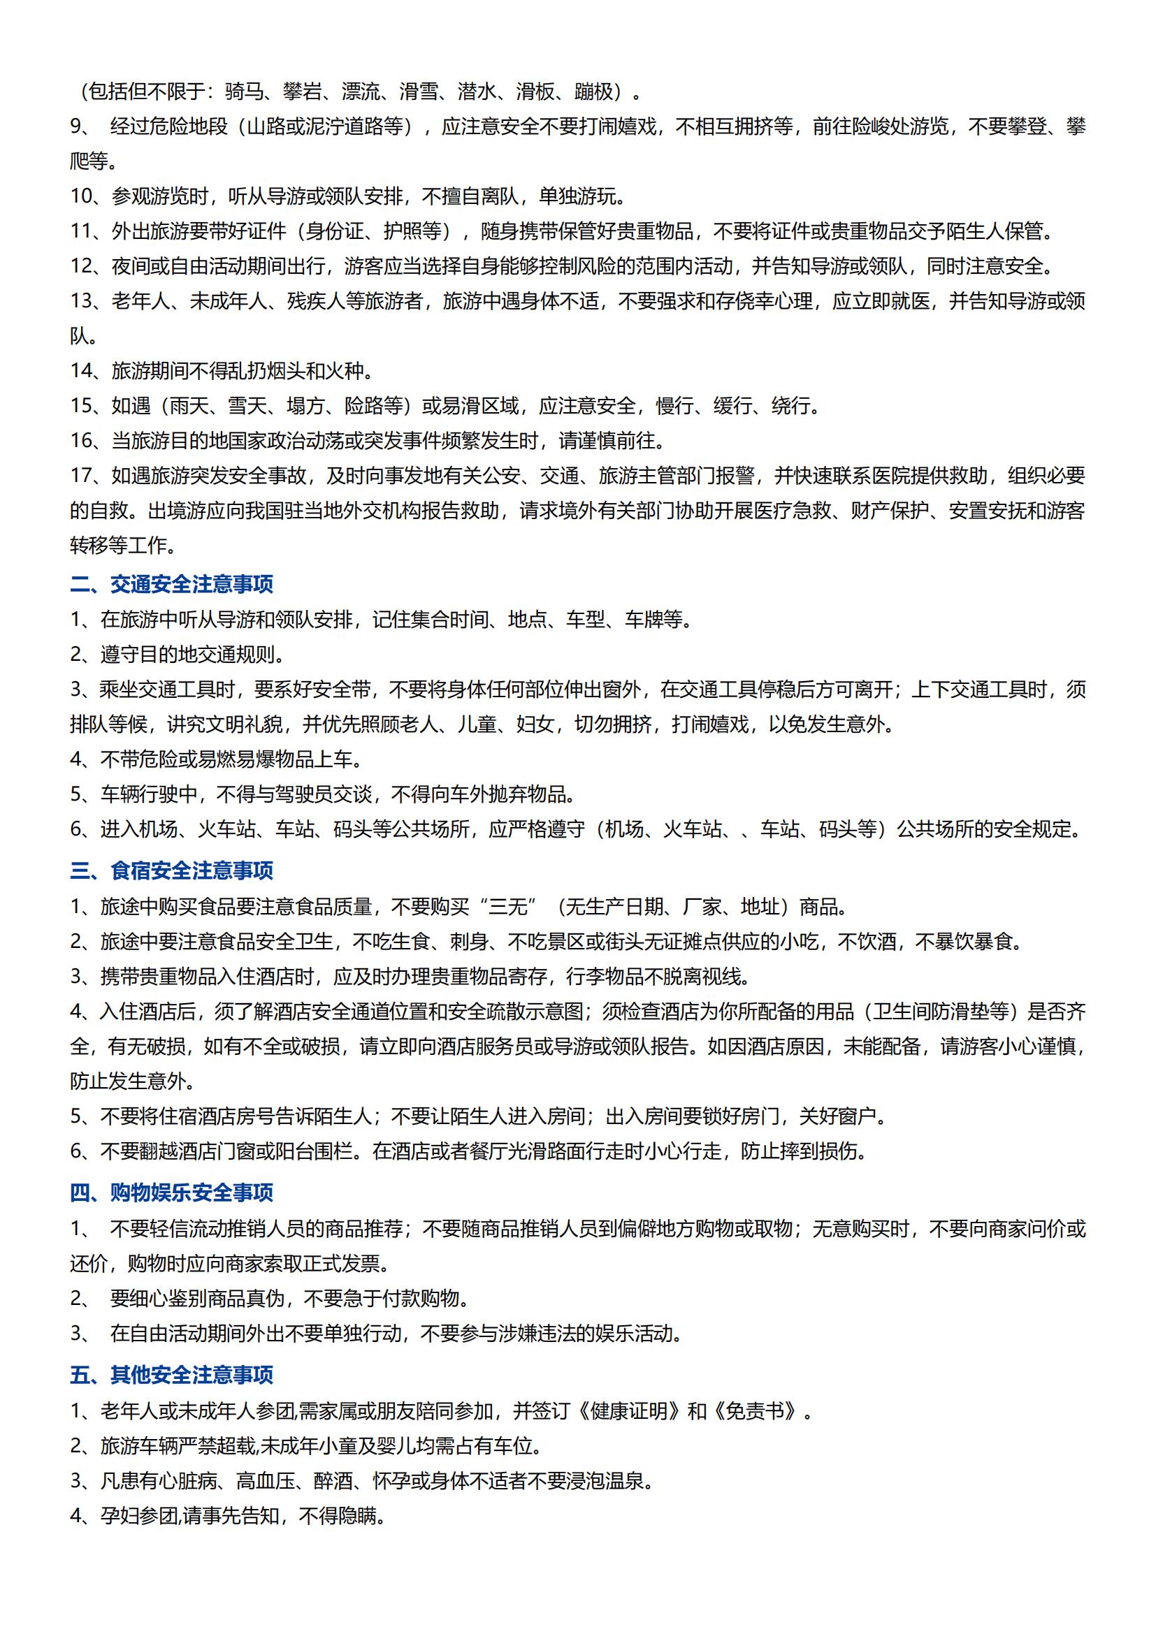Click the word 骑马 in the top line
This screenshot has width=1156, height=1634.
click(243, 92)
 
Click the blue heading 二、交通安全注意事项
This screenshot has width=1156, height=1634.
click(171, 585)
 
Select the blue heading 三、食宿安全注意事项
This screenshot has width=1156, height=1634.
click(171, 871)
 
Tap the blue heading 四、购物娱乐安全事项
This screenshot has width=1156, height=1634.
click(171, 1192)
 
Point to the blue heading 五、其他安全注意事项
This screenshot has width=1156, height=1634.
click(171, 1375)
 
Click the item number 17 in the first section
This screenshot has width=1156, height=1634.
click(82, 476)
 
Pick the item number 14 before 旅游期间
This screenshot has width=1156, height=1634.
click(82, 371)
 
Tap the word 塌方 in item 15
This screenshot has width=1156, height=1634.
click(305, 406)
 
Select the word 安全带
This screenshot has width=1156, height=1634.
click(343, 690)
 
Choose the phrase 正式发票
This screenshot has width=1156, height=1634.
click(342, 1263)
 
